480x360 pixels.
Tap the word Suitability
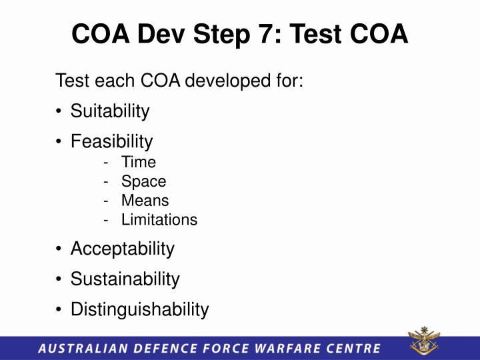point(110,111)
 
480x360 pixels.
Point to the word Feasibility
point(111,141)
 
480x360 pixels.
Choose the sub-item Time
point(138,162)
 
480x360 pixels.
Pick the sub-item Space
point(143,181)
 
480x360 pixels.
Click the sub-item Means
point(145,201)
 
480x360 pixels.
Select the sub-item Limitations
point(159,220)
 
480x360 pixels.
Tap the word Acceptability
point(122,249)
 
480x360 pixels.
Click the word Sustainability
point(125,279)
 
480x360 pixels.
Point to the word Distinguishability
point(139,309)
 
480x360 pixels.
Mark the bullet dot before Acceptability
point(60,250)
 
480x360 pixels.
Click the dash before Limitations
point(107,220)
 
